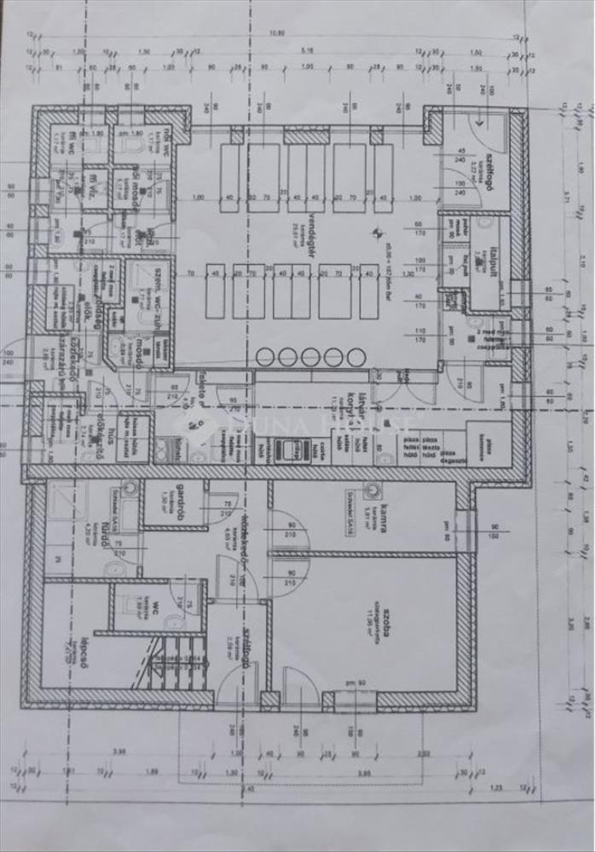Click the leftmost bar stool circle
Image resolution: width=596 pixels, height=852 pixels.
coord(264,356)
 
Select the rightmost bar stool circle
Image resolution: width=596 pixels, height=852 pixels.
coord(355,356)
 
